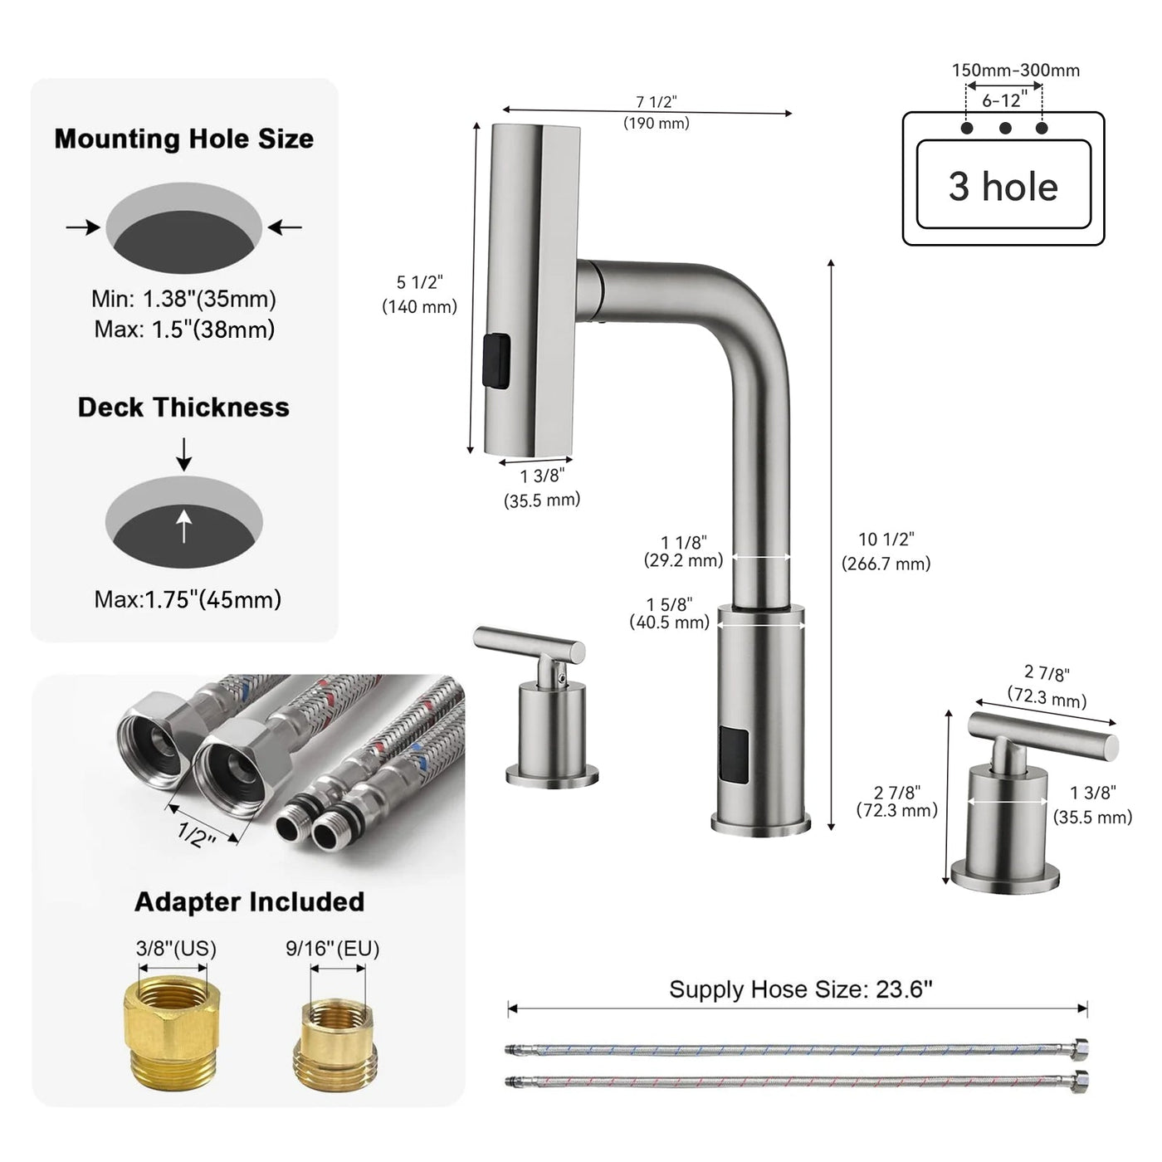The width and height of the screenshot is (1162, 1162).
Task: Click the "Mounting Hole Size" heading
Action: point(183,139)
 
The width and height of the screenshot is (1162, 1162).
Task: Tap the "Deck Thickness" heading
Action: point(183,407)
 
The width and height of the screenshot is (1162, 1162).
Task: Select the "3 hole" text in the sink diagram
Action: point(1003,186)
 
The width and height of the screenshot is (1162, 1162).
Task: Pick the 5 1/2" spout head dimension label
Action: point(419,294)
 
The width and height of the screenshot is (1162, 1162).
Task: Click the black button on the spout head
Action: point(496,360)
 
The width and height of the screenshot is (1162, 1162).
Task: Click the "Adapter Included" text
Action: point(249,901)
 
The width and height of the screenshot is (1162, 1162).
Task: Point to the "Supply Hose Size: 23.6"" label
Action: point(801,989)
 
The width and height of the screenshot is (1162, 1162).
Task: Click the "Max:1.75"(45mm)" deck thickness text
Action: point(188,598)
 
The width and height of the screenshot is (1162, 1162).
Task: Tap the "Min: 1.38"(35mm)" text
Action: point(183,299)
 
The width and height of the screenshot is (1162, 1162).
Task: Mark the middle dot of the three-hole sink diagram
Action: point(1004,128)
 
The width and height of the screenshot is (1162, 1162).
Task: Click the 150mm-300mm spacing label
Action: point(1015,71)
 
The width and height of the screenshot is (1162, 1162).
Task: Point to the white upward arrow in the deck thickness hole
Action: point(184,525)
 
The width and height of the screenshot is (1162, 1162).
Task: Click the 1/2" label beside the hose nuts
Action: point(197,834)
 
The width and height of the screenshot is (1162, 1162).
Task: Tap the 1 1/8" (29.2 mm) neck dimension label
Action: point(684,551)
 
